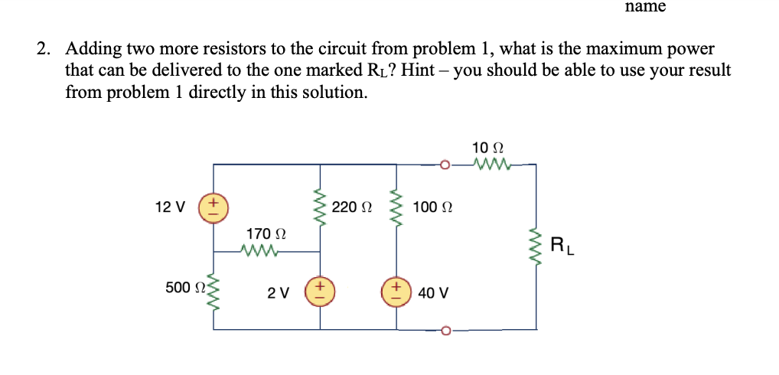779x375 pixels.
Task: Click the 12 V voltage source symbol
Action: [x=213, y=208]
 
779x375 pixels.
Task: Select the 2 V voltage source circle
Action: [x=319, y=293]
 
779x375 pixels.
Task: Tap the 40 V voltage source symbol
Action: [x=397, y=293]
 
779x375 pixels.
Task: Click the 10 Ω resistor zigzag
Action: [x=490, y=164]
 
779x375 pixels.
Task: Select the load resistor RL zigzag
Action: [x=535, y=246]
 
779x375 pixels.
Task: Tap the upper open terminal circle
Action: [x=445, y=164]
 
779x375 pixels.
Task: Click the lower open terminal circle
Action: [x=445, y=330]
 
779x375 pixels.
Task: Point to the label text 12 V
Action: [x=169, y=207]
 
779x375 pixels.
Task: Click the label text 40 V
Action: [x=434, y=293]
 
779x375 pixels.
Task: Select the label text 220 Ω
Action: [x=352, y=207]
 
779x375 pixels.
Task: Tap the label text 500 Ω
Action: [x=183, y=288]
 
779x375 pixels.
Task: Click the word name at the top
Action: [x=645, y=7]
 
